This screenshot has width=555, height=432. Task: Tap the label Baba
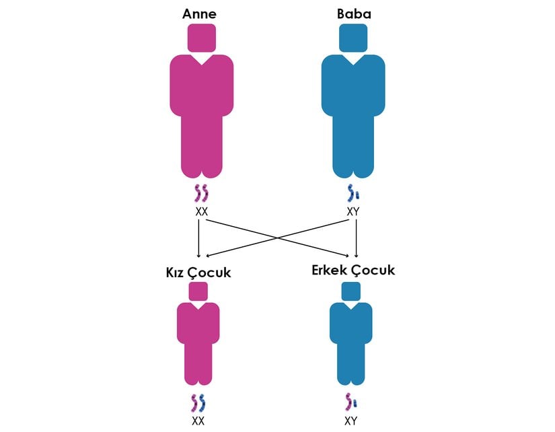pyautogui.click(x=353, y=13)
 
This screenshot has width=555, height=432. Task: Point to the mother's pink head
pyautogui.click(x=201, y=38)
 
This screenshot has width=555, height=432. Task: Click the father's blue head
pyautogui.click(x=353, y=38)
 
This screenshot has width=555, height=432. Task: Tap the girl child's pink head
pyautogui.click(x=198, y=291)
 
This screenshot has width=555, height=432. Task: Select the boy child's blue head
pyautogui.click(x=351, y=291)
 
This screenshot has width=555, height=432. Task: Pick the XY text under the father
pyautogui.click(x=353, y=211)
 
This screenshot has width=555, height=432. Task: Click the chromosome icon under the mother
pyautogui.click(x=201, y=194)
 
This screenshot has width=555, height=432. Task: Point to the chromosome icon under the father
pyautogui.click(x=353, y=194)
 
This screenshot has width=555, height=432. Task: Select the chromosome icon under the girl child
pyautogui.click(x=198, y=402)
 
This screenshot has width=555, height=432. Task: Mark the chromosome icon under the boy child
pyautogui.click(x=351, y=402)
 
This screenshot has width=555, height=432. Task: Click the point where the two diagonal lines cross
pyautogui.click(x=277, y=236)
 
